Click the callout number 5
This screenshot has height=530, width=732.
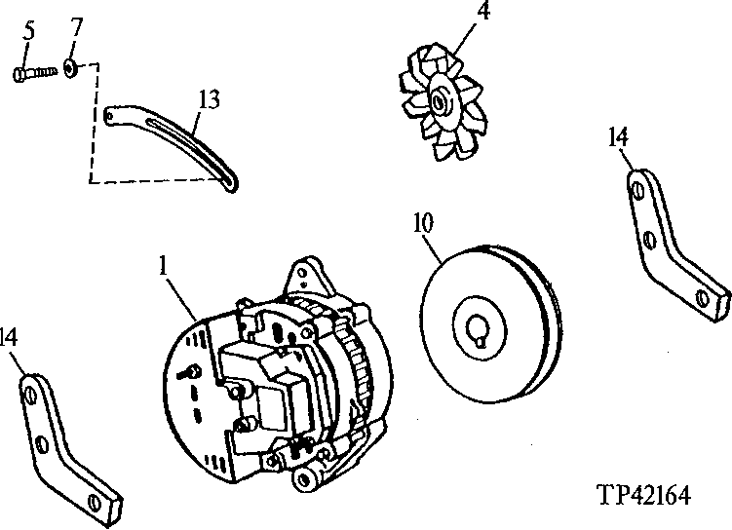28,31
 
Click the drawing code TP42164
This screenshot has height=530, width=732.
643,495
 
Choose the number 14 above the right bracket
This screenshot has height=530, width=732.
618,135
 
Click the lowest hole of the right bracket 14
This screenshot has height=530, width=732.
702,294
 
